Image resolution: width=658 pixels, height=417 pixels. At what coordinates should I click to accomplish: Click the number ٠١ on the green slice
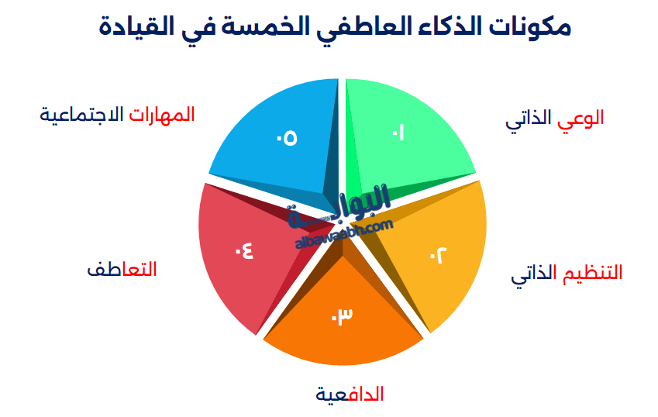[398, 133]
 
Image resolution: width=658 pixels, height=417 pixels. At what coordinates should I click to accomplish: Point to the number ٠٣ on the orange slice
[342, 315]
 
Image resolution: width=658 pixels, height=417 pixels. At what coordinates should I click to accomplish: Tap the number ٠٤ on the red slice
[244, 251]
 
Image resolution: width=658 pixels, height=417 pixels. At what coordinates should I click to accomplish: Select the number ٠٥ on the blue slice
[287, 138]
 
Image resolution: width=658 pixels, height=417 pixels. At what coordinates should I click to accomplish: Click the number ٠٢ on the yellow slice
[438, 255]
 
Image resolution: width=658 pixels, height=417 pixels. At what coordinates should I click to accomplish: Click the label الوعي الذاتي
[554, 119]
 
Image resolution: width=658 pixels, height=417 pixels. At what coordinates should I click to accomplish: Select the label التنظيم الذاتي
[566, 274]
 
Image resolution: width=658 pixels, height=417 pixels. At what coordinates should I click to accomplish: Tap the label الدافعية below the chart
[350, 395]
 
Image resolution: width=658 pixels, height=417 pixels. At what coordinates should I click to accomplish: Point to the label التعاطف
[122, 269]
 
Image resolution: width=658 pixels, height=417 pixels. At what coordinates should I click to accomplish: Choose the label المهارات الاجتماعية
[117, 115]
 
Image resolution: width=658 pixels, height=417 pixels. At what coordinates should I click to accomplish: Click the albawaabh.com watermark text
[344, 233]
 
